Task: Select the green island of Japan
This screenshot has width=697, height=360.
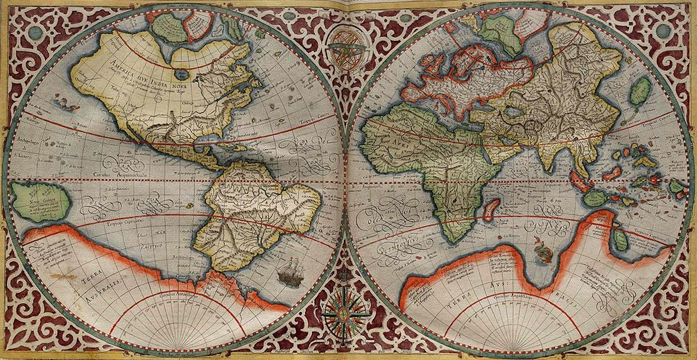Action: tap(640, 91)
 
